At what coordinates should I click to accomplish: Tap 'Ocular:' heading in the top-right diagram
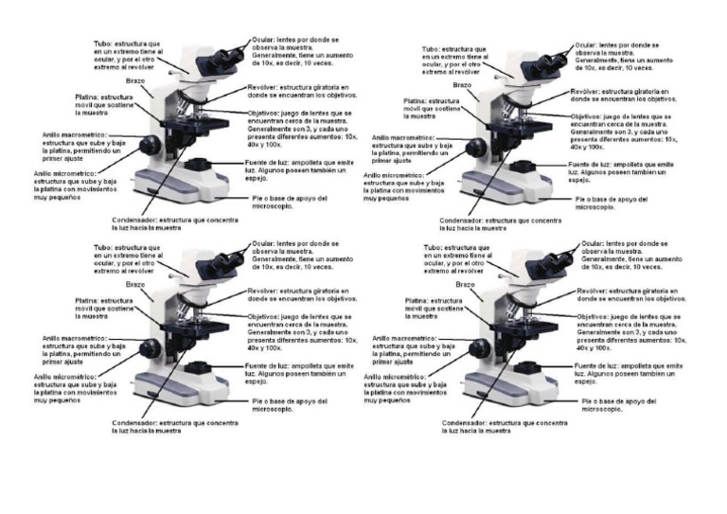[x=587, y=44]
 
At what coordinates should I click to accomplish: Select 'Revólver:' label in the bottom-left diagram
[x=264, y=291]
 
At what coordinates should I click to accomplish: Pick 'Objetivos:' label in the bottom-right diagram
[x=594, y=316]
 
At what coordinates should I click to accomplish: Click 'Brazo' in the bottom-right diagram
[x=465, y=285]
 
